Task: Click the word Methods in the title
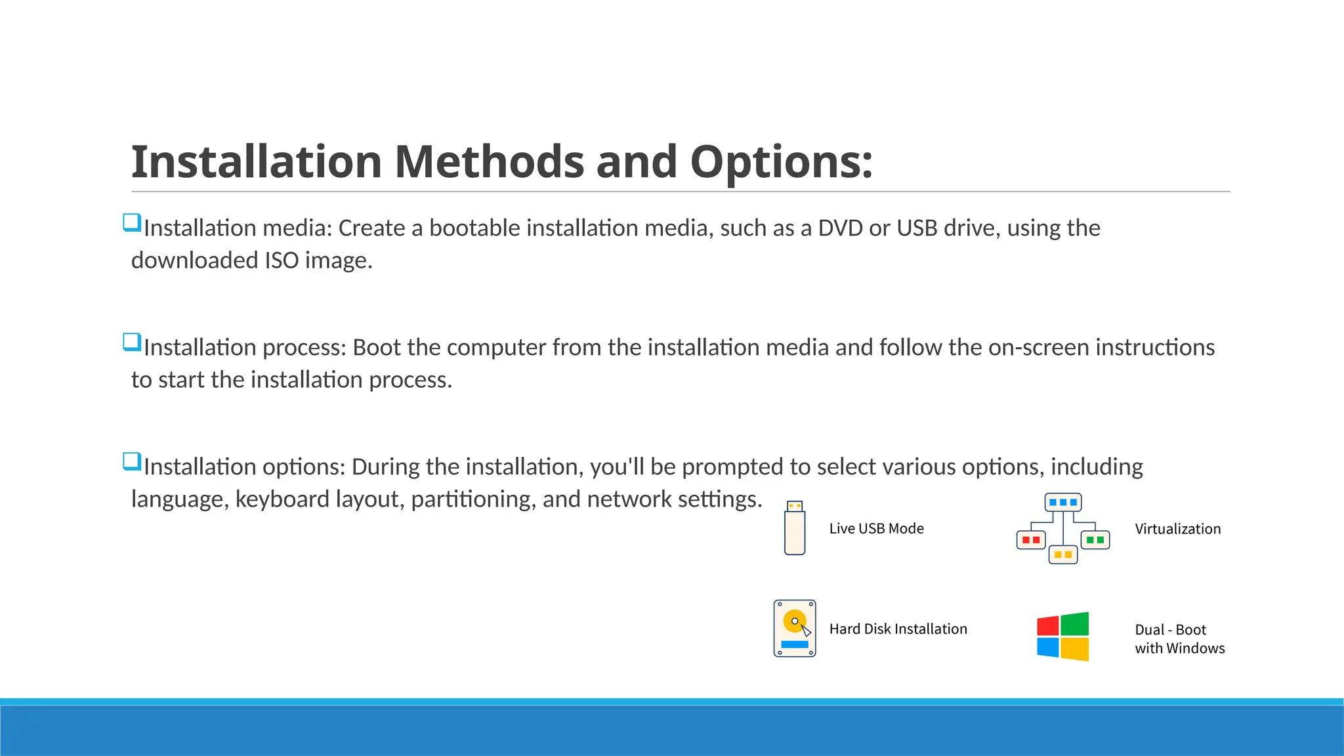(x=488, y=161)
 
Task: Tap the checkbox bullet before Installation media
(x=132, y=223)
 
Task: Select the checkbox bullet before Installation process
(x=132, y=343)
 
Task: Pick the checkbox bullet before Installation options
(x=132, y=462)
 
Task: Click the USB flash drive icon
(x=795, y=528)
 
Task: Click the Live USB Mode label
(x=876, y=528)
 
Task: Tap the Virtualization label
(x=1177, y=529)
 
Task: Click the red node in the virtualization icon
(x=1030, y=540)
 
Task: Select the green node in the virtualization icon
(x=1095, y=540)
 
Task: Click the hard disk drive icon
(x=795, y=628)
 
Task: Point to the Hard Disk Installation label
(x=898, y=629)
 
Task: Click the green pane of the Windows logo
(x=1075, y=623)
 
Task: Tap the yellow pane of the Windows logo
(x=1075, y=649)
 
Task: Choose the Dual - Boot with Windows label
(x=1179, y=639)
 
